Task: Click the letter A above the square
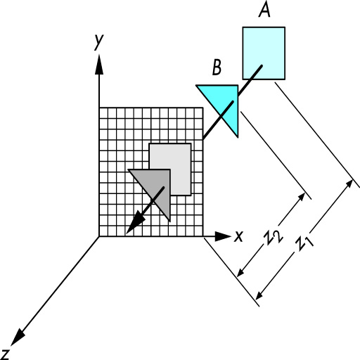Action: point(264,11)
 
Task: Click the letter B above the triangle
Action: point(217,67)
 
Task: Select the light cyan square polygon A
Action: point(264,53)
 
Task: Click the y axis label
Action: point(98,41)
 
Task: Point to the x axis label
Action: point(239,236)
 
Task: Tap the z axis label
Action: point(4,354)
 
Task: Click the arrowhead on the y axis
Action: point(99,64)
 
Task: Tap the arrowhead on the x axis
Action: point(223,236)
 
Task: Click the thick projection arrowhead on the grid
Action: point(135,222)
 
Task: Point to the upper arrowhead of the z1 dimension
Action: point(349,184)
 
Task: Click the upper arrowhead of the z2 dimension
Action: point(302,197)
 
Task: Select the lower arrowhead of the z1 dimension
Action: point(259,295)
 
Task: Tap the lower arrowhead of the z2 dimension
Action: point(240,272)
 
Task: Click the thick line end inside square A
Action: point(262,66)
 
